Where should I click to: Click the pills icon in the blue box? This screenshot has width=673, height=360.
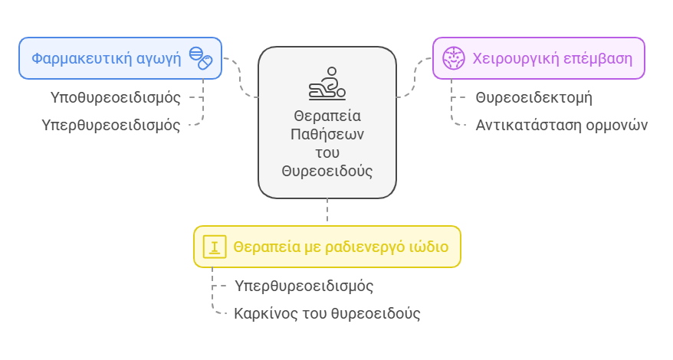click(x=200, y=58)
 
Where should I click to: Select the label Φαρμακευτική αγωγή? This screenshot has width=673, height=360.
click(x=106, y=58)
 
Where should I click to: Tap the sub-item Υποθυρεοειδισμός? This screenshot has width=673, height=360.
click(x=116, y=98)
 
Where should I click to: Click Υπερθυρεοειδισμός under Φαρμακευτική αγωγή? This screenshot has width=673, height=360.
click(x=111, y=125)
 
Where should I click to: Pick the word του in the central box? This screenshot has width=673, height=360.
click(x=327, y=152)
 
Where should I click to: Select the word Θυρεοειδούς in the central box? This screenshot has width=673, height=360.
click(x=327, y=171)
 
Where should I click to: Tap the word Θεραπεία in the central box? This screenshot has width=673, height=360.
click(x=327, y=116)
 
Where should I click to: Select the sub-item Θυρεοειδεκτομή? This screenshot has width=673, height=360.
click(x=533, y=98)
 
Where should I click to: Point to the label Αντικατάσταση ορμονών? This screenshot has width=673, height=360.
click(x=561, y=125)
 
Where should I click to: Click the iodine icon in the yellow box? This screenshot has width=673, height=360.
click(x=215, y=247)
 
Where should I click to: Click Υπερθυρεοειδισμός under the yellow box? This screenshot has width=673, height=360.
click(x=304, y=286)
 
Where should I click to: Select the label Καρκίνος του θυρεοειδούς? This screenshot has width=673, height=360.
click(x=327, y=313)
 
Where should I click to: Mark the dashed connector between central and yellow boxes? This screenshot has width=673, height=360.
click(x=327, y=212)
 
